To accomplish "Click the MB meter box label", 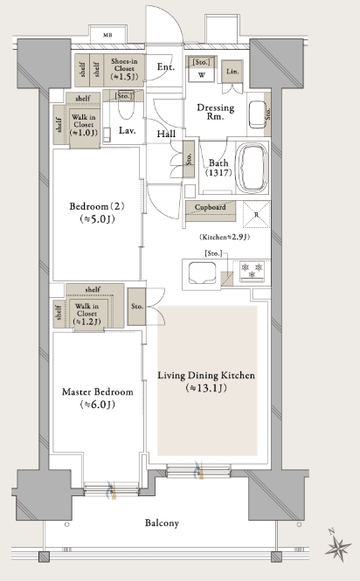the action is [107, 36].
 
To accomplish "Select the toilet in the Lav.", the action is [127, 108].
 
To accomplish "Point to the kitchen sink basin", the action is [203, 273].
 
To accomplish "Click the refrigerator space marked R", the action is [257, 214].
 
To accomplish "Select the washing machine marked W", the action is [201, 75].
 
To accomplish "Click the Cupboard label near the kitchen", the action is [211, 207].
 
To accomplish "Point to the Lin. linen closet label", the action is [232, 72].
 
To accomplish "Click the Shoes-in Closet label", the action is [124, 69].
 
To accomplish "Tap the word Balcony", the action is [162, 522].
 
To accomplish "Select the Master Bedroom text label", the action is [98, 391].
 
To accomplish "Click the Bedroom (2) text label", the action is [97, 206].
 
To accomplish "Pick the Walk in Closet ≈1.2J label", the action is [87, 314].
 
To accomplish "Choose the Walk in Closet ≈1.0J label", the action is [84, 125].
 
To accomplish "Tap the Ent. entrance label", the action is [165, 66].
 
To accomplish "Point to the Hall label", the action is [166, 134].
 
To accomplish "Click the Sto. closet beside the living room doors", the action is [137, 307].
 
